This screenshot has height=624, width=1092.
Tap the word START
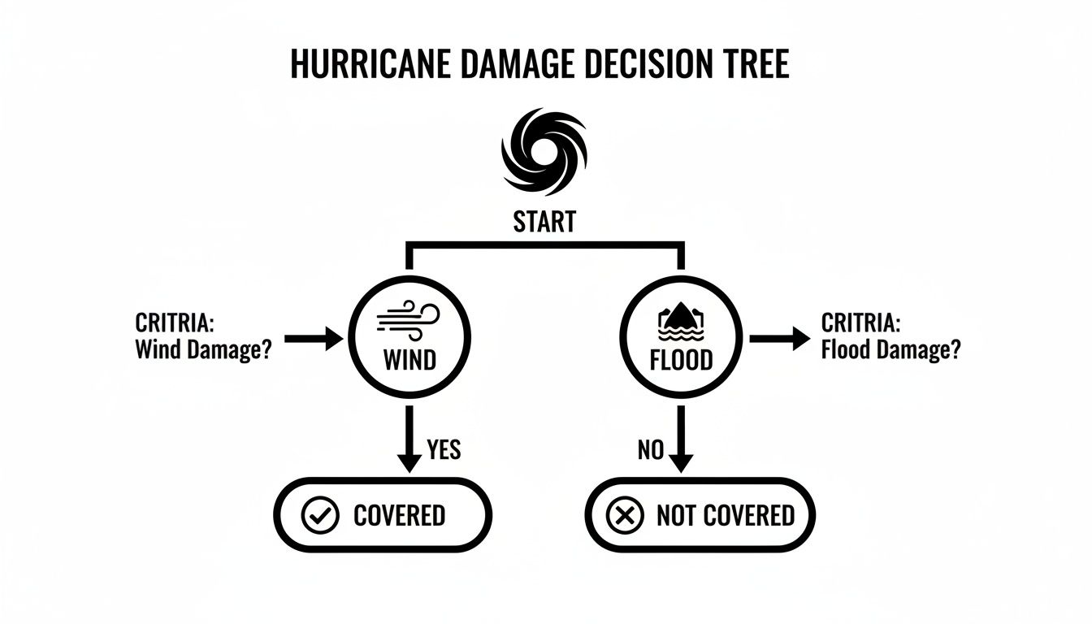coord(544,221)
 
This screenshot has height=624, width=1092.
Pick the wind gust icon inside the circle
coord(409,320)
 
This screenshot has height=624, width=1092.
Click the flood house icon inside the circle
coord(681,323)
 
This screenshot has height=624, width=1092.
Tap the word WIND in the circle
coord(409,358)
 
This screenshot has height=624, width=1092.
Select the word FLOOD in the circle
coord(681,359)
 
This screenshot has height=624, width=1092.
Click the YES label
coord(444,449)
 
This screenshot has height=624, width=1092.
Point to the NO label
coord(651,449)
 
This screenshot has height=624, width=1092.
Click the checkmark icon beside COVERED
coord(319,515)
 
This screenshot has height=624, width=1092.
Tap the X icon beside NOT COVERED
coord(626,515)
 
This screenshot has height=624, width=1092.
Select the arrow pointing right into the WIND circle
coord(314,339)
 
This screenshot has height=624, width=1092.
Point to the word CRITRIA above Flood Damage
coord(860,323)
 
